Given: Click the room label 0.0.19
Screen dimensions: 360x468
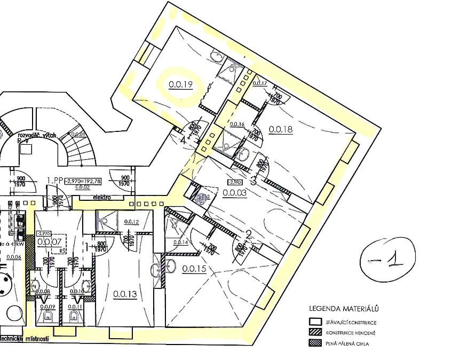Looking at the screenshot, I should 180,84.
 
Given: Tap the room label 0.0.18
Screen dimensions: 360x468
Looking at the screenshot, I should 281,129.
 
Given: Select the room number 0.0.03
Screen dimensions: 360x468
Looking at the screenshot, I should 235,193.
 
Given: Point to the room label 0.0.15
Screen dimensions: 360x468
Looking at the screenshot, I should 194,269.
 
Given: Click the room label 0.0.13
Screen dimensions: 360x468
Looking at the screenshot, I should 125,293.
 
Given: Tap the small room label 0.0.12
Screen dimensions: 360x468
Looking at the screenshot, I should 132,222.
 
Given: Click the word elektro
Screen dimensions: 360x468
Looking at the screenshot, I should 101,197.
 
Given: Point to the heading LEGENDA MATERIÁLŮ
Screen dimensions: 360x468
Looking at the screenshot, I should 344,309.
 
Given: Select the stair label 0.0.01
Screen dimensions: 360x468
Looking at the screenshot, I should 78,134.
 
